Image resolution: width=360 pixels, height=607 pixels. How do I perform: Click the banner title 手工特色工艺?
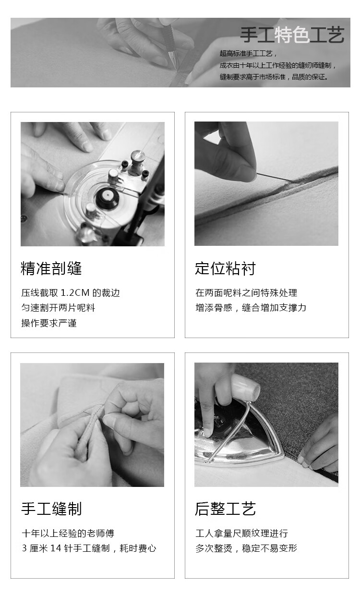292,35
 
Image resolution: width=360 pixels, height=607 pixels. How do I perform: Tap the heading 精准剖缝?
51,268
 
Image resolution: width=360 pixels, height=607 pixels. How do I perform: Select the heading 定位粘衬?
225,268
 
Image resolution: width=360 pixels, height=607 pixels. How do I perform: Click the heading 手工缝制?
51,509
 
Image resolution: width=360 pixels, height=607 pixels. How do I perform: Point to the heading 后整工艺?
225,509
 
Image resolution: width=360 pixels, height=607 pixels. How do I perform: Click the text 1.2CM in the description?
75,292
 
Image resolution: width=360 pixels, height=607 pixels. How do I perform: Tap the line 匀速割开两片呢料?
58,307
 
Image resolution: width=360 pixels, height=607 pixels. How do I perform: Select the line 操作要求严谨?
49,323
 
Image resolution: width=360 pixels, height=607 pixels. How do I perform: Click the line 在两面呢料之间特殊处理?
246,292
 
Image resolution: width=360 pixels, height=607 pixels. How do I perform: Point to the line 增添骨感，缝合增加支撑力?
251,307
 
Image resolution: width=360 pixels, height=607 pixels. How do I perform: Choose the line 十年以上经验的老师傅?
68,533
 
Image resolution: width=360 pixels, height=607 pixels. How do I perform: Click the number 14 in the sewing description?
56,548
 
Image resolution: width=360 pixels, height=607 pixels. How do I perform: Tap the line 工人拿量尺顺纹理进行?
241,533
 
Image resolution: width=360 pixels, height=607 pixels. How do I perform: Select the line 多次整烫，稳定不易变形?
246,548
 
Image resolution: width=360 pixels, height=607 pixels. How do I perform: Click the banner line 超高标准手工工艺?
248,53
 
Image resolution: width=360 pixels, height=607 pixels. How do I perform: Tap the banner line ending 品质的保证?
274,77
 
